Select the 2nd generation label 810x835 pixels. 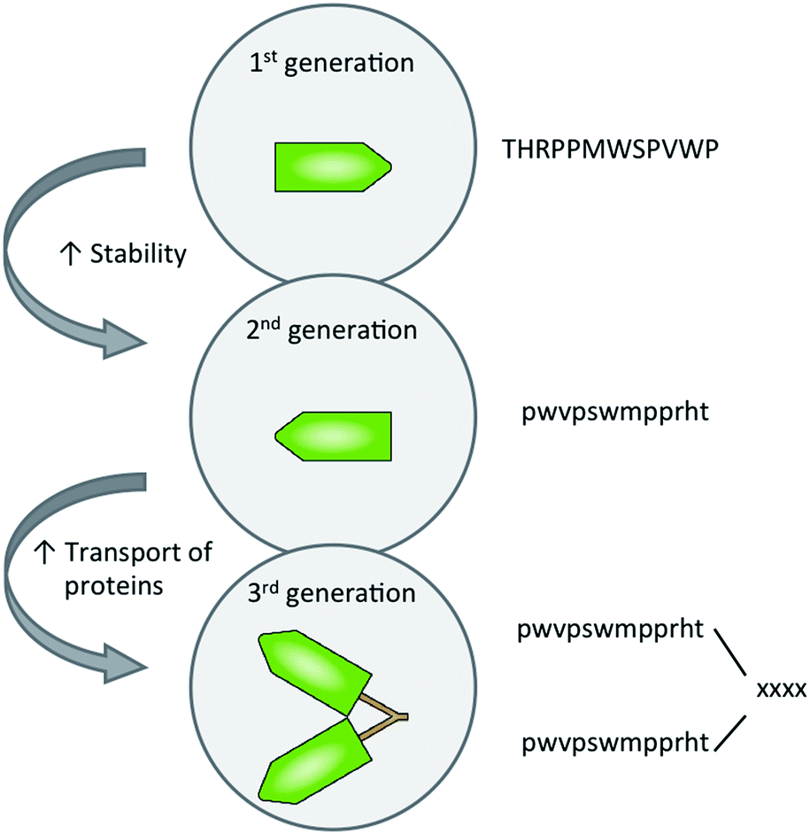(x=332, y=331)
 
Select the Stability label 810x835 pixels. (x=140, y=254)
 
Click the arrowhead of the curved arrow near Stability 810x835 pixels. (x=124, y=338)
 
